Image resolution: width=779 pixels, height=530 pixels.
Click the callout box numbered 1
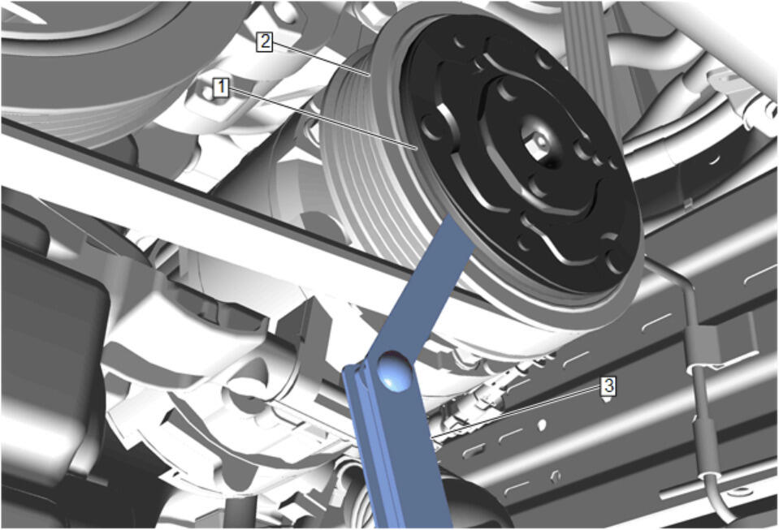[x=221, y=88]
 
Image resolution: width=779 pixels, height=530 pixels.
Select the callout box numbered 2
[x=264, y=41]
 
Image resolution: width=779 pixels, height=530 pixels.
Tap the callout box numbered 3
[x=609, y=385]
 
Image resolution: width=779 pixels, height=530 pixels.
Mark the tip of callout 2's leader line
[x=370, y=75]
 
